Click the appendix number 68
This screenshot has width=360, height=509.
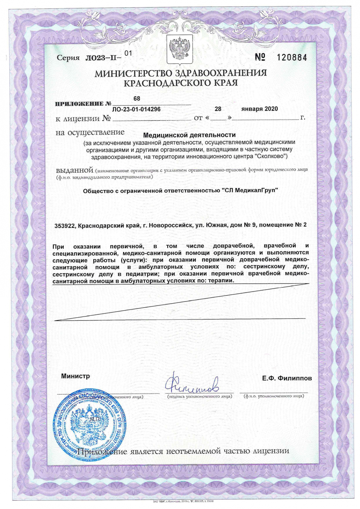136,98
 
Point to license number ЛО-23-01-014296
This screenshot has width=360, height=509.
136,109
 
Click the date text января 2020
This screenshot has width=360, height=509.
259,109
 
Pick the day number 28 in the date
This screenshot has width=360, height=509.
218,109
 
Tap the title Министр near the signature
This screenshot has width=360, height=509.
75,376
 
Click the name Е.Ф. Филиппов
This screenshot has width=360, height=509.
287,378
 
